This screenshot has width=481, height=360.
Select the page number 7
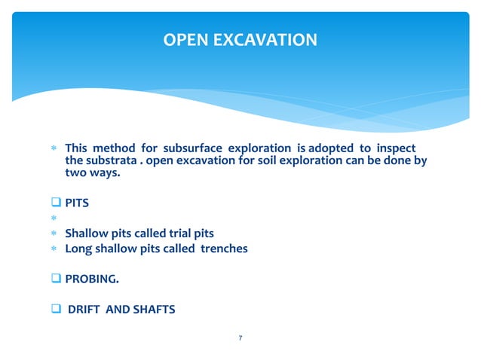(x=240, y=338)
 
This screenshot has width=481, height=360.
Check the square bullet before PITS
(x=57, y=203)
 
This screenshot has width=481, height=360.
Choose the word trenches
(x=223, y=248)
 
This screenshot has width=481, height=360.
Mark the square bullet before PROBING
(x=57, y=278)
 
